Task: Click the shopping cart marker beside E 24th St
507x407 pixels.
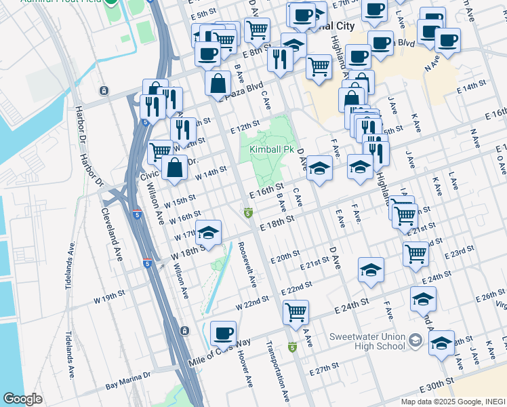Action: click(296, 313)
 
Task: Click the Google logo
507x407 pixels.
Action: click(22, 399)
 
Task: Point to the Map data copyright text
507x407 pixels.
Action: click(452, 401)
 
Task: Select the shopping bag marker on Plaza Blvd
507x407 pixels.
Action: click(218, 85)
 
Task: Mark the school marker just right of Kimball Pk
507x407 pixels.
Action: click(319, 169)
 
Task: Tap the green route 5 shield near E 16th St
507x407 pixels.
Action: click(249, 213)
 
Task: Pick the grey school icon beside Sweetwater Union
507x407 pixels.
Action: click(415, 340)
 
